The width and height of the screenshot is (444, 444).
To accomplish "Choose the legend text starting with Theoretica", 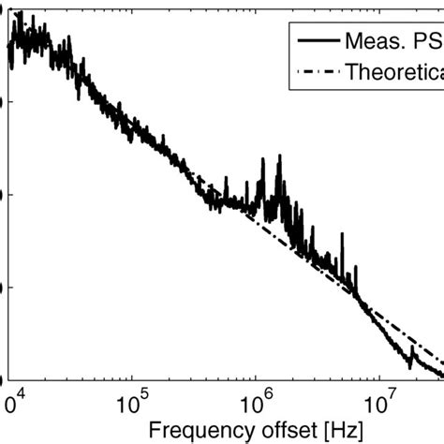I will pos(394,71).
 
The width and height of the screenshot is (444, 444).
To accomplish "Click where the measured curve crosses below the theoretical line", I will pos(359,299).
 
